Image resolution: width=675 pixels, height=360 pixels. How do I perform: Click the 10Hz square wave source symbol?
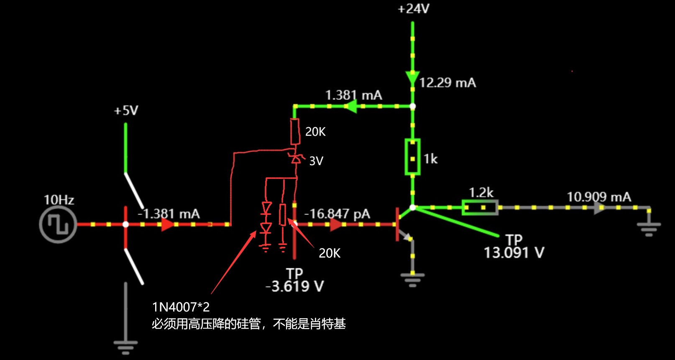tap(58, 225)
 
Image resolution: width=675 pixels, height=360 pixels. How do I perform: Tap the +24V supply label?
tap(413, 9)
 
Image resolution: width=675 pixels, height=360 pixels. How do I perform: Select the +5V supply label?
tap(126, 111)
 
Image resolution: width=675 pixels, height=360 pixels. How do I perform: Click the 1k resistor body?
tap(412, 157)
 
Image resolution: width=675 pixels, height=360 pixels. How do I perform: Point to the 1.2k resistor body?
tap(480, 207)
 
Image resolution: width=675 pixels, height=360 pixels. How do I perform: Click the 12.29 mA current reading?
tap(447, 83)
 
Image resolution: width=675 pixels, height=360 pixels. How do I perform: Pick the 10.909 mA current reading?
tap(598, 197)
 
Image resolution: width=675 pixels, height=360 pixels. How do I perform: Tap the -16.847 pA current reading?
tap(337, 214)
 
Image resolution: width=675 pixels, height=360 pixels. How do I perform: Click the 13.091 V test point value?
tap(514, 253)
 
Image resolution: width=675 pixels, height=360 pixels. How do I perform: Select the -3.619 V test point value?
tap(294, 286)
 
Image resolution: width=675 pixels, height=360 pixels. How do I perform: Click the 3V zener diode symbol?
tap(296, 159)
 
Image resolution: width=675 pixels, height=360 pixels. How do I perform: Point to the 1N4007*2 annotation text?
tap(181, 307)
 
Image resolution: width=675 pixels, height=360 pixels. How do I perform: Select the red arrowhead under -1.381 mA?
tap(167, 225)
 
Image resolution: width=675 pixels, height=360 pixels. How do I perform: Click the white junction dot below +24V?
tap(412, 106)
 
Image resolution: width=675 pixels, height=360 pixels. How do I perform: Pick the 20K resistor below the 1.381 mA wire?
tap(295, 131)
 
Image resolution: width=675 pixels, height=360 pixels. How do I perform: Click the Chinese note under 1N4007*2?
tap(248, 324)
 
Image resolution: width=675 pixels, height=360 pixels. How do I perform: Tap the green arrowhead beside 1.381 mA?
tap(351, 106)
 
